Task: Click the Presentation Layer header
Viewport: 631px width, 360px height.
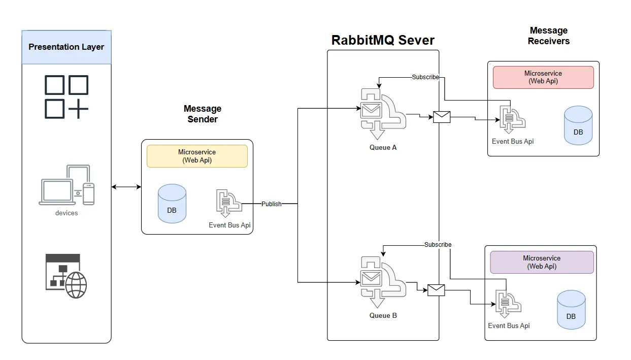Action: [67, 47]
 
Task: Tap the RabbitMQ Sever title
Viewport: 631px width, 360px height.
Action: [383, 40]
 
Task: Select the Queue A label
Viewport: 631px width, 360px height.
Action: [383, 148]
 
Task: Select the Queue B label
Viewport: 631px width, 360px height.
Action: [383, 315]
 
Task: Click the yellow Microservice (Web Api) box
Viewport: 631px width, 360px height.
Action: [197, 156]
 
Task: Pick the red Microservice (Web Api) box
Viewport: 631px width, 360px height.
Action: [543, 77]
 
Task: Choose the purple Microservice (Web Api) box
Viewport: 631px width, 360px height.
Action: [542, 262]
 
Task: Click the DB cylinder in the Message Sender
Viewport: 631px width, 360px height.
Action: [172, 204]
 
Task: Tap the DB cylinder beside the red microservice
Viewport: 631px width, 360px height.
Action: [578, 125]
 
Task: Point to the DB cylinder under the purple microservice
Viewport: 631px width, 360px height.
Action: [571, 310]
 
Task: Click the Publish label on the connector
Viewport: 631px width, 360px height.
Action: [271, 204]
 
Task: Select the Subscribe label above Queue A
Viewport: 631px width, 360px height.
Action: [425, 77]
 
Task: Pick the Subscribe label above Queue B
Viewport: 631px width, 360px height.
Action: [438, 245]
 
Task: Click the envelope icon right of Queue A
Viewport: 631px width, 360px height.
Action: [442, 117]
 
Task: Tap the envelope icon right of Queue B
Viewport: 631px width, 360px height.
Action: [436, 290]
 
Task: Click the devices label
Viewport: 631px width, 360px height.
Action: [67, 213]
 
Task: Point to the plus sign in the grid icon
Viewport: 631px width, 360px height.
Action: [78, 109]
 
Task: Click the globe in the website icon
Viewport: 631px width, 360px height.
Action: [76, 285]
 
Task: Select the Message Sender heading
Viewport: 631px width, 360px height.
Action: [202, 114]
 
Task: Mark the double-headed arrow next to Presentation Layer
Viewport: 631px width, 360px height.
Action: [126, 187]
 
